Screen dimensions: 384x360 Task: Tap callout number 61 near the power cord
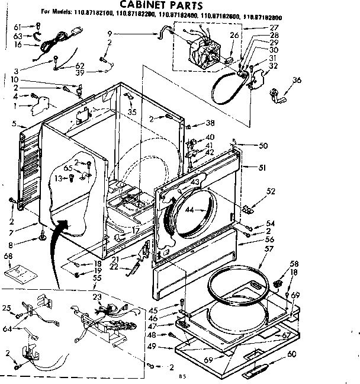coord(17,27)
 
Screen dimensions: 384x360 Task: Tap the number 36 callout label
coord(297,80)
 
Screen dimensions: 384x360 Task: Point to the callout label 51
coord(261,168)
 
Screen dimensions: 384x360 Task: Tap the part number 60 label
coord(291,354)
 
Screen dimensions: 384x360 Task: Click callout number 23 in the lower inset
coord(97,297)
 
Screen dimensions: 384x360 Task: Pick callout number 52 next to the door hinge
coord(271,191)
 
